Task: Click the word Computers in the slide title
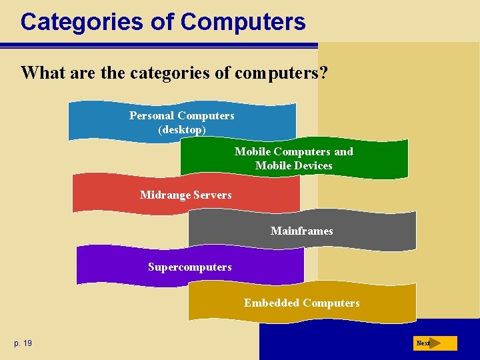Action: pos(243,22)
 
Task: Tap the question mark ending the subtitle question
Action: pos(323,73)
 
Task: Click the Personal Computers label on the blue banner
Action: pos(181,115)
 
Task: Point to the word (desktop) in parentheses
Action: pos(181,129)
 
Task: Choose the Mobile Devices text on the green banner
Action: pos(293,165)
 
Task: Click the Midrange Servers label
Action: pos(185,195)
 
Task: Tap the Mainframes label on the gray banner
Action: pos(301,231)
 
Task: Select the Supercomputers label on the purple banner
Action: pos(189,267)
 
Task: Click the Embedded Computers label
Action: pos(301,303)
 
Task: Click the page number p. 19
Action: pos(23,343)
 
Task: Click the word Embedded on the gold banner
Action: pos(271,303)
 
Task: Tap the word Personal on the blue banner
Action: pos(152,115)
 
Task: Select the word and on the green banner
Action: pos(343,151)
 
